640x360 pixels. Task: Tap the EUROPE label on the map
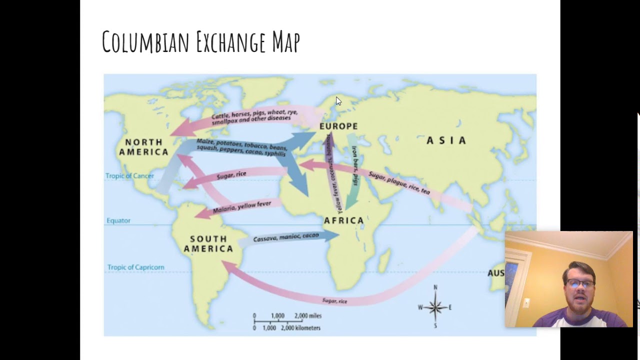pyautogui.click(x=338, y=126)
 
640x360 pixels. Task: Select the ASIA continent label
pyautogui.click(x=446, y=141)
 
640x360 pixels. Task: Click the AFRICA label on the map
pyautogui.click(x=343, y=220)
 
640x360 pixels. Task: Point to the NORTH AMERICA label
pyautogui.click(x=143, y=147)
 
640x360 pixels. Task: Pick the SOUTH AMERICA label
pyautogui.click(x=208, y=244)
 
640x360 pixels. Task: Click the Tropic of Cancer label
pyautogui.click(x=129, y=176)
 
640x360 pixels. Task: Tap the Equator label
pyautogui.click(x=118, y=220)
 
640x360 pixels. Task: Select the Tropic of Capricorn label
pyautogui.click(x=135, y=267)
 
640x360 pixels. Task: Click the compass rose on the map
pyautogui.click(x=435, y=307)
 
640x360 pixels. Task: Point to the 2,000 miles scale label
pyautogui.click(x=307, y=316)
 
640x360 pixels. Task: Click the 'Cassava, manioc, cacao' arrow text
pyautogui.click(x=285, y=237)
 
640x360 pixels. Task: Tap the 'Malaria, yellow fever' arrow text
pyautogui.click(x=241, y=206)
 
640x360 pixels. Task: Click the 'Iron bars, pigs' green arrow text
pyautogui.click(x=355, y=165)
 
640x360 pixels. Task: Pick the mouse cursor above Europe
pyautogui.click(x=338, y=101)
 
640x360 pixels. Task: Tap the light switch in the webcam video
pyautogui.click(x=526, y=303)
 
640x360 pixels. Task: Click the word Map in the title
pyautogui.click(x=286, y=42)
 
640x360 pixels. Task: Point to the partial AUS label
pyautogui.click(x=495, y=273)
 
